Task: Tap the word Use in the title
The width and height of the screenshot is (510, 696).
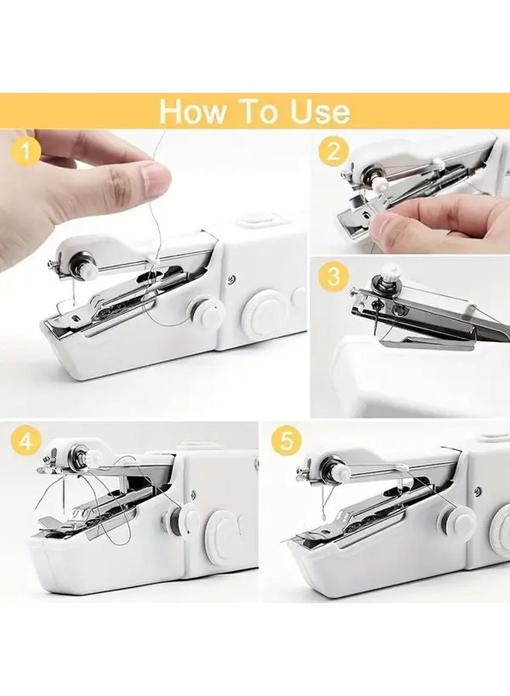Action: click(x=315, y=111)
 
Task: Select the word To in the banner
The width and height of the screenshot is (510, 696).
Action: click(x=257, y=111)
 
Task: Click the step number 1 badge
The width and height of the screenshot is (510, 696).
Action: click(x=28, y=152)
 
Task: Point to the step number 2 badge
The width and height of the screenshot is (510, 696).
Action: click(x=333, y=152)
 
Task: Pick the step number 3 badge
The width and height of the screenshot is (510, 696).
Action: click(x=333, y=277)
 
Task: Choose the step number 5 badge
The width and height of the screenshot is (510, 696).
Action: click(x=287, y=442)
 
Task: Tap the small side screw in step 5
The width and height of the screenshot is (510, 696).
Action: click(x=477, y=490)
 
